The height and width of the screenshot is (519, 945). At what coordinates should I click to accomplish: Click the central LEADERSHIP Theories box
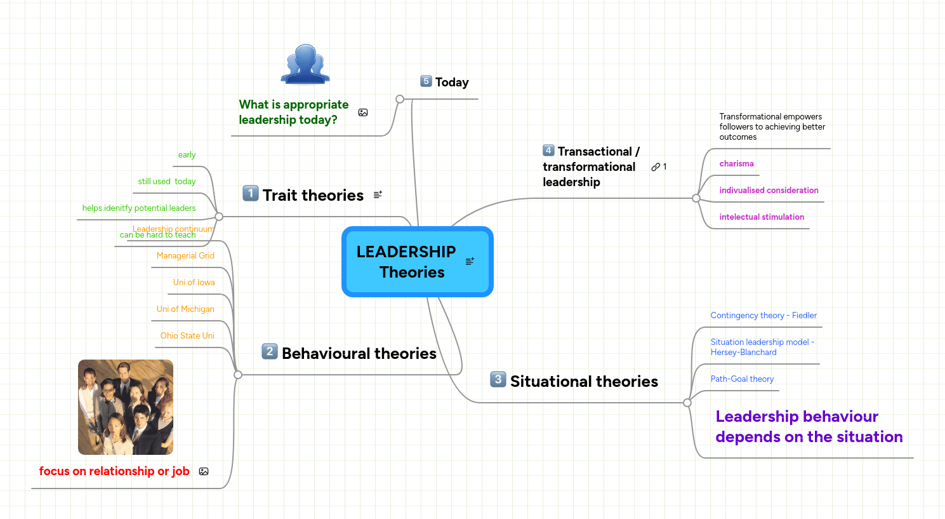tap(417, 262)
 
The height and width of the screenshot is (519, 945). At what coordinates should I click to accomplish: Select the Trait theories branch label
tap(313, 196)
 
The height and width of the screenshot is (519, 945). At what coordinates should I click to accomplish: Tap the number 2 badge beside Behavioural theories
tap(270, 351)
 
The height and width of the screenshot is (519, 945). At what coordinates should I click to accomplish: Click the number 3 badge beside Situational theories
tap(498, 379)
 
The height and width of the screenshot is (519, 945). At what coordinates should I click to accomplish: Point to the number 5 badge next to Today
tap(426, 81)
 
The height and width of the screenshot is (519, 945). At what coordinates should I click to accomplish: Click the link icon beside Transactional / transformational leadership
tap(656, 167)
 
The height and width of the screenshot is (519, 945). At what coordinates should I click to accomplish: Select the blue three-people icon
tap(305, 65)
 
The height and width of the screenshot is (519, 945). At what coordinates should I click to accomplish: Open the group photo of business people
tap(126, 407)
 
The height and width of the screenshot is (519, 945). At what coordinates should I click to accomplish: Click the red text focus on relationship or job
tap(114, 471)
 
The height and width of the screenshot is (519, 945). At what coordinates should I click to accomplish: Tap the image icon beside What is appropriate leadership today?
tap(363, 112)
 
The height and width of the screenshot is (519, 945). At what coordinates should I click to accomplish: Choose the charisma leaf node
tap(736, 164)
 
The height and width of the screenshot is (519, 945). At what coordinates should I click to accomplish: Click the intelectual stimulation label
tap(762, 217)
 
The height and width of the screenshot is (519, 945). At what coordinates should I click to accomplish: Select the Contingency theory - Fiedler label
tap(763, 316)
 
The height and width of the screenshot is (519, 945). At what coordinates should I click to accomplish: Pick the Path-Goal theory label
tap(742, 379)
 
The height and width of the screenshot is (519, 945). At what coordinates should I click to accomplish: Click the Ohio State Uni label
tap(187, 336)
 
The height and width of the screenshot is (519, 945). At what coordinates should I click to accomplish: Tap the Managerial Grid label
tap(185, 256)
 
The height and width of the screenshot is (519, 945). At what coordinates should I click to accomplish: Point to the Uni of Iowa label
tap(194, 283)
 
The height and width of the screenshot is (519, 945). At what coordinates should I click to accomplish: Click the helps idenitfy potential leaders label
tap(139, 208)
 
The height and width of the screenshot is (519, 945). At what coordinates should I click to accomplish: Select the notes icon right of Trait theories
tap(378, 195)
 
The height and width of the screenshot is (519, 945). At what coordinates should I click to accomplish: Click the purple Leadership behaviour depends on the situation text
tap(809, 427)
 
